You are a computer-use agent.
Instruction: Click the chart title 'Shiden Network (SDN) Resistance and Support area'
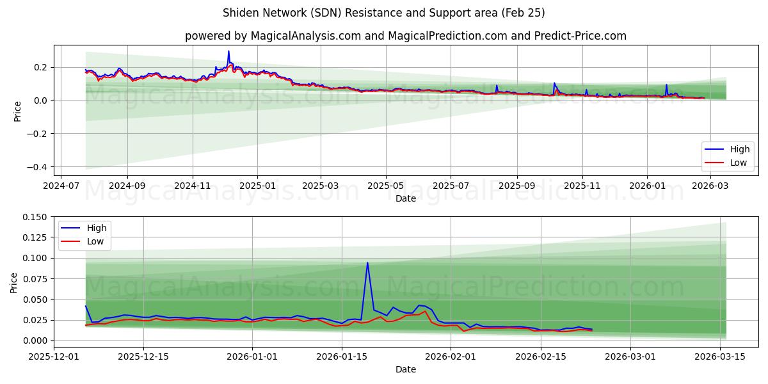pos(384,13)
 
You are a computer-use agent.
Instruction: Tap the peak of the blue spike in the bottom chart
pos(367,262)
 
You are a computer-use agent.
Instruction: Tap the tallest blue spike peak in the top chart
pos(228,51)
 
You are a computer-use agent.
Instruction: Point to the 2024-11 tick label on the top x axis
pos(193,186)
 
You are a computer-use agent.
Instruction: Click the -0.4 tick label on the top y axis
pos(37,167)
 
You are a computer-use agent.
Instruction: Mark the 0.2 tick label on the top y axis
pos(40,67)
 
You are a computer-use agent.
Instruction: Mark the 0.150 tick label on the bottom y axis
pos(35,217)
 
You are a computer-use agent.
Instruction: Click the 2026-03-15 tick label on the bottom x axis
pos(721,356)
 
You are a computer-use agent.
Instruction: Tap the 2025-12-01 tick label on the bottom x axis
pos(54,356)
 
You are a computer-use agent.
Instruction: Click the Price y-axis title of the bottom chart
pos(14,282)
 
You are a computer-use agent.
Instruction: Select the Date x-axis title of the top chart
pos(406,198)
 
